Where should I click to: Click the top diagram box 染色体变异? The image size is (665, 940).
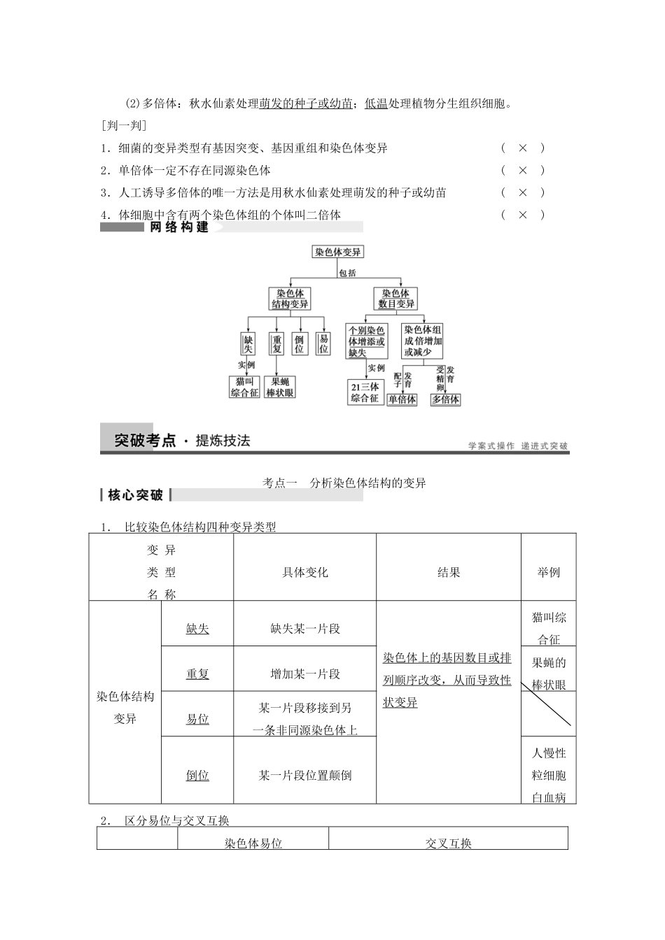[338, 252]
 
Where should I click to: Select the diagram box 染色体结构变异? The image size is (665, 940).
[290, 299]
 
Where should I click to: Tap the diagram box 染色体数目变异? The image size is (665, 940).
[396, 299]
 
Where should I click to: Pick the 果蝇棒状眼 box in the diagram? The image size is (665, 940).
[280, 387]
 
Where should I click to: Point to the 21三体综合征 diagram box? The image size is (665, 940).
[365, 392]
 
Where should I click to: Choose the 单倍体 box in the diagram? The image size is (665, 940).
[402, 399]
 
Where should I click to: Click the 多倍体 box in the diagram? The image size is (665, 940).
[445, 399]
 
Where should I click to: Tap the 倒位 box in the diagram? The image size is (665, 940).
[300, 343]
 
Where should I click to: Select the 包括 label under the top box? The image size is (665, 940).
[347, 273]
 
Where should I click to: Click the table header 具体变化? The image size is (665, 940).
[304, 572]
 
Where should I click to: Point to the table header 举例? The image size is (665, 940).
[548, 572]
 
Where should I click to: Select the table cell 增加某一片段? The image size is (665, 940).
[304, 674]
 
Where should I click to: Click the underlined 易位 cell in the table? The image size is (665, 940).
[197, 719]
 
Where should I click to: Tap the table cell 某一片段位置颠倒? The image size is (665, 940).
[304, 775]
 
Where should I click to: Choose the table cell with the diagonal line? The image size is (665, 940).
[548, 713]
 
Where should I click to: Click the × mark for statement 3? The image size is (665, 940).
[522, 192]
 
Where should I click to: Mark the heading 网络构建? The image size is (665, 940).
[179, 227]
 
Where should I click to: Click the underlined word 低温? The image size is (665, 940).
[376, 104]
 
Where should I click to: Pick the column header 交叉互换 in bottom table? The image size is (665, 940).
[448, 843]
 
